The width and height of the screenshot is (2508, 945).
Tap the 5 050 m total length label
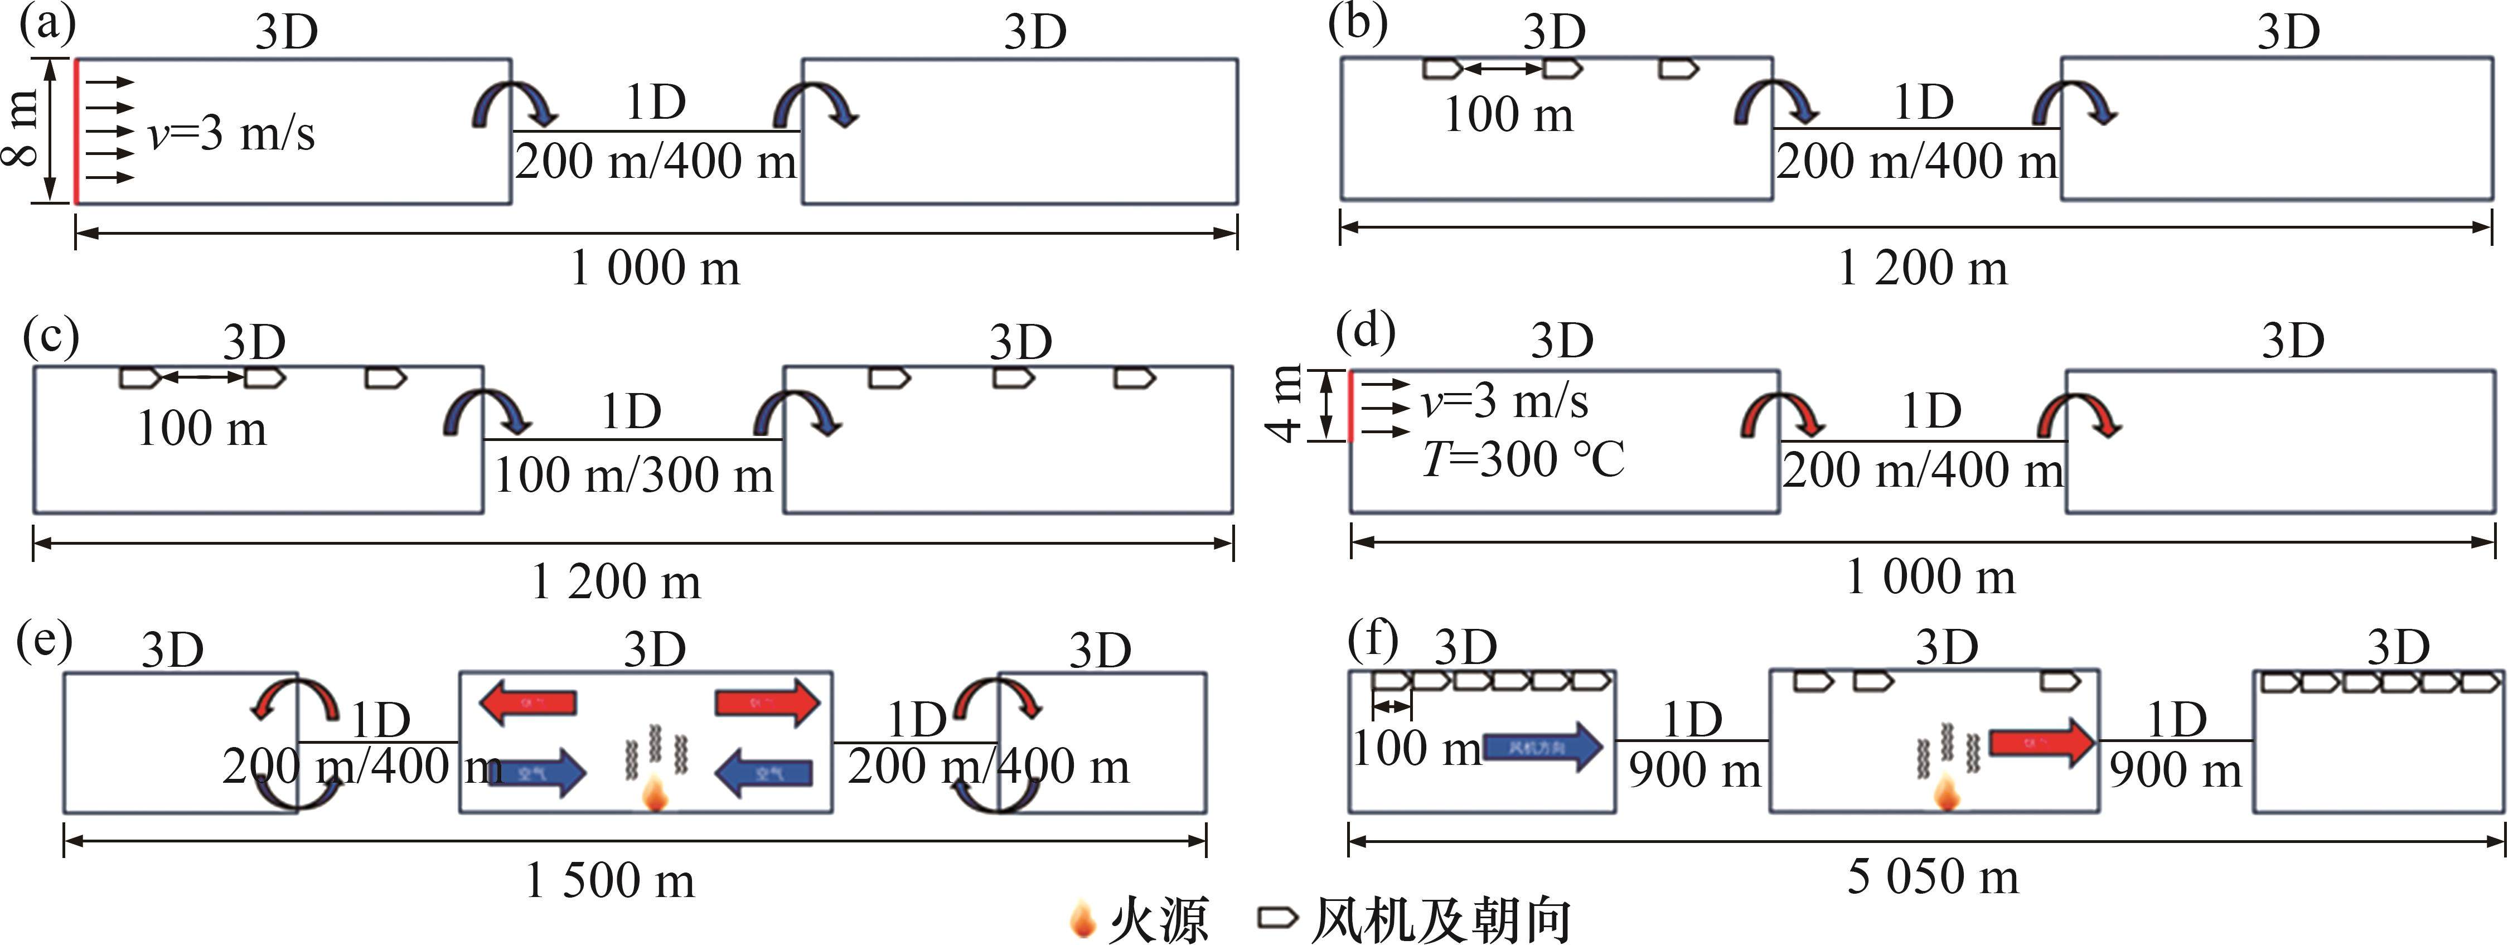click(1933, 877)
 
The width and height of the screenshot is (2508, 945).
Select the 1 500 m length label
click(611, 881)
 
